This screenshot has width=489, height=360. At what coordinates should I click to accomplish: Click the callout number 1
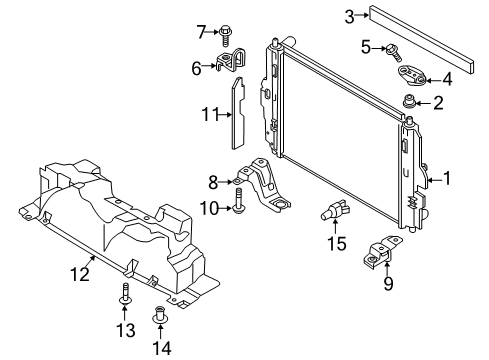[448, 179]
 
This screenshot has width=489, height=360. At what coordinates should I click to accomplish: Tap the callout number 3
[350, 15]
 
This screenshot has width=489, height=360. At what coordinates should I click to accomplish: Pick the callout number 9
[389, 284]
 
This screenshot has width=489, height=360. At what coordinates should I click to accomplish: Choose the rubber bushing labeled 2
[408, 101]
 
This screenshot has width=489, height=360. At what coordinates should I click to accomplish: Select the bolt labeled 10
[241, 207]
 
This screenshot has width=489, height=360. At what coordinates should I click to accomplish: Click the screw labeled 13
[127, 294]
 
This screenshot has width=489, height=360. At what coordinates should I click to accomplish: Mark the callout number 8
[213, 181]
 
